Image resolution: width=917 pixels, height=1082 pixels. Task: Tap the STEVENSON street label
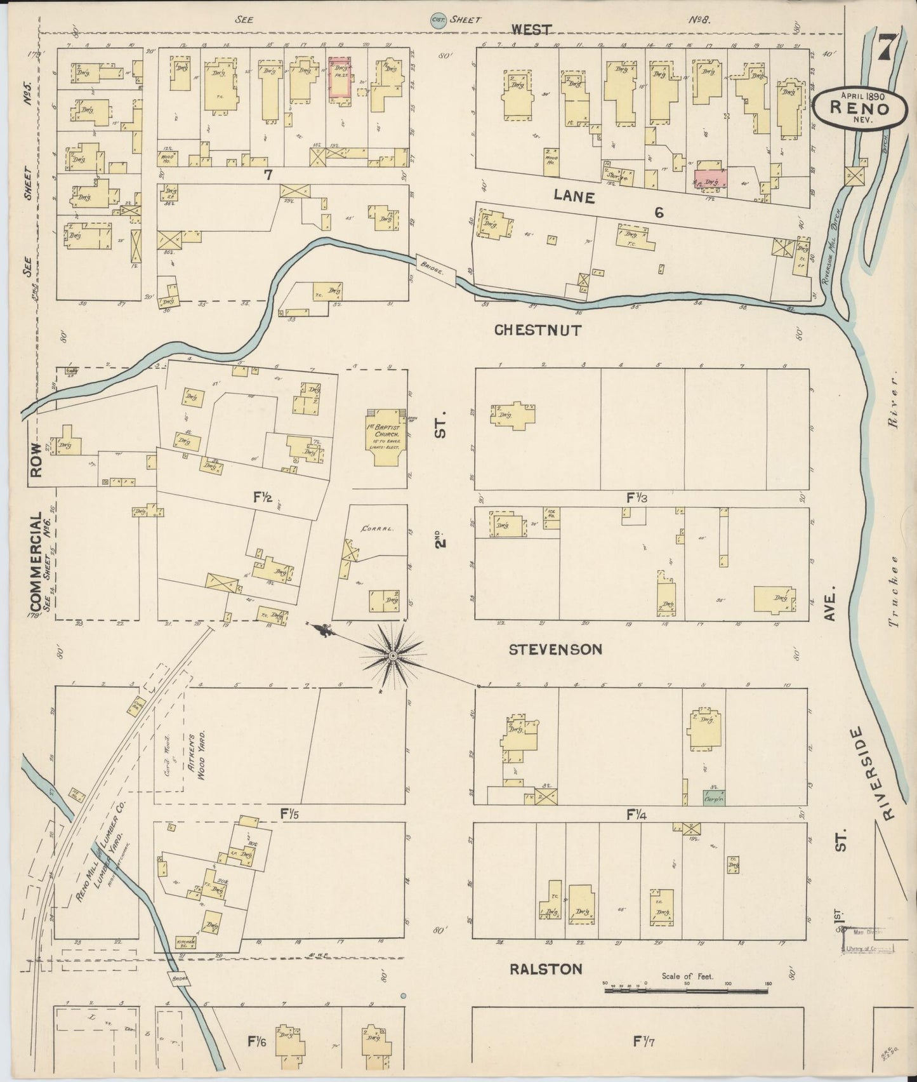point(555,650)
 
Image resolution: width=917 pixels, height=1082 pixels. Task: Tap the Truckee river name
point(895,591)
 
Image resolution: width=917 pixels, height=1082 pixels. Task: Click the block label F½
point(263,498)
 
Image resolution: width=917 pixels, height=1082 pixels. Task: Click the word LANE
point(574,197)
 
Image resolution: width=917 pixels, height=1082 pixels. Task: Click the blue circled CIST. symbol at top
point(437,20)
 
